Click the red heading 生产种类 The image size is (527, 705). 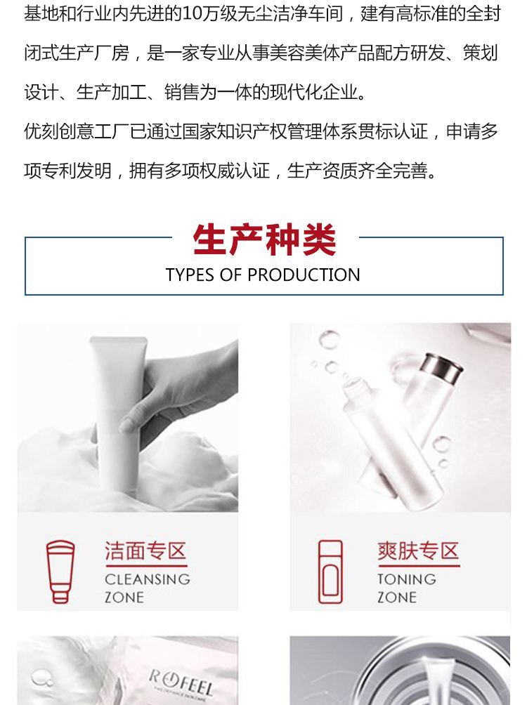[264, 239]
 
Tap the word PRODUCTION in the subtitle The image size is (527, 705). [304, 275]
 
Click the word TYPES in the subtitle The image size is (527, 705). [190, 275]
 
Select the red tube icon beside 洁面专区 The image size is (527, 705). [60, 572]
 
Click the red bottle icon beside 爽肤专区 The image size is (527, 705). [330, 572]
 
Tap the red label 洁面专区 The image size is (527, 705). [145, 551]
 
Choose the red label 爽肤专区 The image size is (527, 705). [418, 551]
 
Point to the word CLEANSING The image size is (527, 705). [148, 579]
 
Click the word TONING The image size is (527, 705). [407, 579]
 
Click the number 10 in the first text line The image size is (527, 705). [193, 14]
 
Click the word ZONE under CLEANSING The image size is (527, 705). [124, 598]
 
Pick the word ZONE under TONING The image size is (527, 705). [397, 598]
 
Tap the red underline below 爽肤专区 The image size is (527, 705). [419, 566]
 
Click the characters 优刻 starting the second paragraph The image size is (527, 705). [41, 131]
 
